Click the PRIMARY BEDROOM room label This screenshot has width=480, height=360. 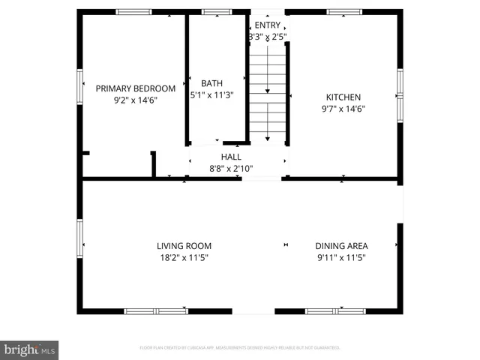click(135, 87)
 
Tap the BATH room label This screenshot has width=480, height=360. click(211, 83)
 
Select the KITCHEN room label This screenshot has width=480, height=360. click(343, 97)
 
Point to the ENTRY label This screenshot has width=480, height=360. click(267, 25)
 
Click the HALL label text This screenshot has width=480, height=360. click(230, 157)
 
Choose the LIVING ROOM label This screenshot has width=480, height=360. click(184, 245)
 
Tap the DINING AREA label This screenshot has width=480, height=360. click(341, 245)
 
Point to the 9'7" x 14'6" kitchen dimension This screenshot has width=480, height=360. click(343, 109)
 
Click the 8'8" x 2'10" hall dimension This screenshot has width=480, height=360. click(230, 169)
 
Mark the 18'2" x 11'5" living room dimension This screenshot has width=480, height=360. click(184, 257)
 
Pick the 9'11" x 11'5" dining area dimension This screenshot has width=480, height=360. click(341, 257)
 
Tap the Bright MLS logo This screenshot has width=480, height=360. click(29, 349)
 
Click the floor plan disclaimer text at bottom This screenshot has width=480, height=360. click(240, 348)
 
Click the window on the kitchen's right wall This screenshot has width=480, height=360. click(400, 95)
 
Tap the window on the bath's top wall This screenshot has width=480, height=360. click(217, 12)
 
